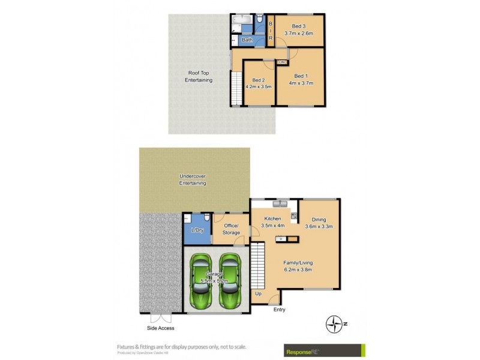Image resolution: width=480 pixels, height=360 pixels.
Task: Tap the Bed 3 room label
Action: pyautogui.click(x=299, y=26)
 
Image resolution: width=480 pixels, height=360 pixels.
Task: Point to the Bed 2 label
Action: pyautogui.click(x=259, y=80)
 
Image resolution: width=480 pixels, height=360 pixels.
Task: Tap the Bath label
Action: pyautogui.click(x=247, y=40)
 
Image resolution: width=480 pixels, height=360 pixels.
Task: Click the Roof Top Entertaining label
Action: pyautogui.click(x=199, y=76)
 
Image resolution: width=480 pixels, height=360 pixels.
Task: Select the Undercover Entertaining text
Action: pyautogui.click(x=193, y=179)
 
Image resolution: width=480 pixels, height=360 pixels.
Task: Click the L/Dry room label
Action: pyautogui.click(x=196, y=230)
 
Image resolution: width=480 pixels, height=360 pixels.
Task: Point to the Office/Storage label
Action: pyautogui.click(x=231, y=229)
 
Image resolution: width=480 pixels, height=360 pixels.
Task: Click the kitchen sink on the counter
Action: pyautogui.click(x=272, y=203)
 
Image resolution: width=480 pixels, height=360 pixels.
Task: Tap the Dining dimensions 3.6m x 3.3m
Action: pyautogui.click(x=319, y=227)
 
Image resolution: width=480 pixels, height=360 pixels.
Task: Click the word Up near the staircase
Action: pyautogui.click(x=259, y=293)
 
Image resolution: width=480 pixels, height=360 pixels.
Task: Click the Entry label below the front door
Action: pyautogui.click(x=279, y=310)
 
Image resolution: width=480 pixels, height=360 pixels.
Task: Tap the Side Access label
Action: pyautogui.click(x=160, y=328)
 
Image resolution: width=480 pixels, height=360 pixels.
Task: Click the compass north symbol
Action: pyautogui.click(x=333, y=325)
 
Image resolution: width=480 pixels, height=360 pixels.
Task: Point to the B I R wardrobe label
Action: pyautogui.click(x=271, y=31)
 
